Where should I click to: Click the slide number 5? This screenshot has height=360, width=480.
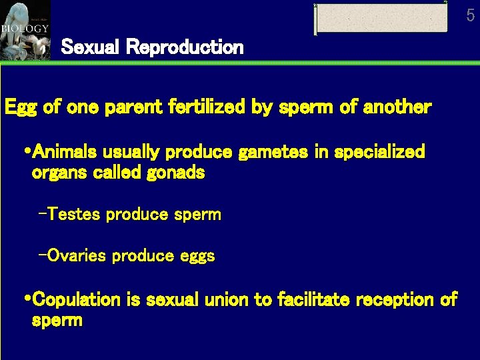471,15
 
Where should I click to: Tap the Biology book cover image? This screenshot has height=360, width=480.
25,30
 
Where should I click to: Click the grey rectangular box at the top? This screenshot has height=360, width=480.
381,19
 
